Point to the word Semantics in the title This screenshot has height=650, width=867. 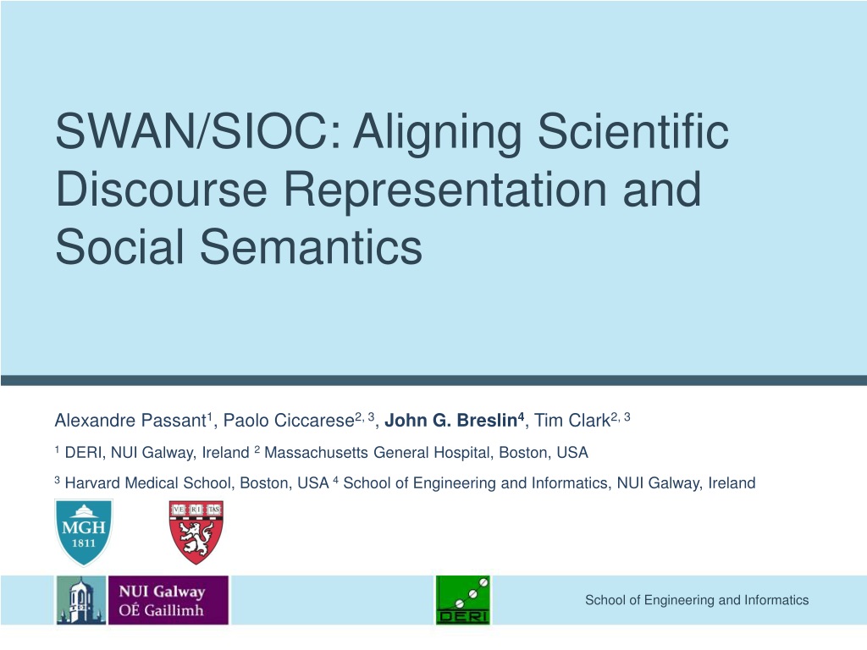coord(311,247)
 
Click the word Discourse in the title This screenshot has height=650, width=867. coord(162,189)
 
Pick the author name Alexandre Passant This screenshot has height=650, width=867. coord(130,421)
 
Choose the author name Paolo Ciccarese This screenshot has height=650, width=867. coord(289,421)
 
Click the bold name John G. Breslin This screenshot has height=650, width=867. coord(450,421)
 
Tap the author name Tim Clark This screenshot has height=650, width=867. coord(572,421)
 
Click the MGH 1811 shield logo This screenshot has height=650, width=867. coord(84,532)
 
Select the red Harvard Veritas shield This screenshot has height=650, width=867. coord(196,532)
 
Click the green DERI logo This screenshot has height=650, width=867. coord(463,600)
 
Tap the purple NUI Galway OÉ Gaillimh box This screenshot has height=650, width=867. coord(168,600)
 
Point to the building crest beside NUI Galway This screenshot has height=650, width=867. coord(81,600)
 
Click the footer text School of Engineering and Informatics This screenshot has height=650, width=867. coord(697,600)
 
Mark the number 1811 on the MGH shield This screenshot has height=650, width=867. coord(84,543)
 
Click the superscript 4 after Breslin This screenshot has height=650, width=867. coord(521,416)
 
